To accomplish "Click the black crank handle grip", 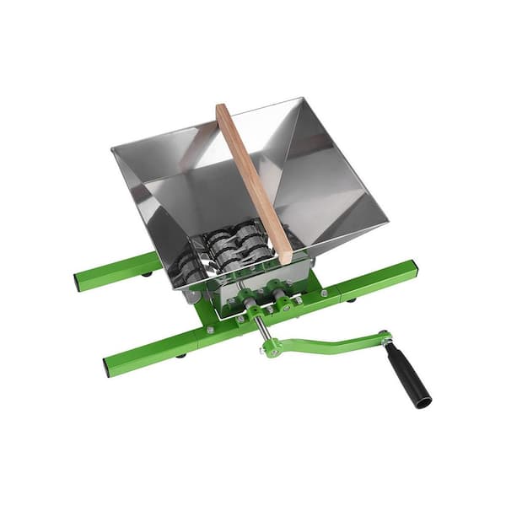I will (409, 376).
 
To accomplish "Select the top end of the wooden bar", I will (223, 108).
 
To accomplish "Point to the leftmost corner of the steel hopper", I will (113, 149).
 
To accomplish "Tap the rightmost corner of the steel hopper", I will (387, 226).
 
